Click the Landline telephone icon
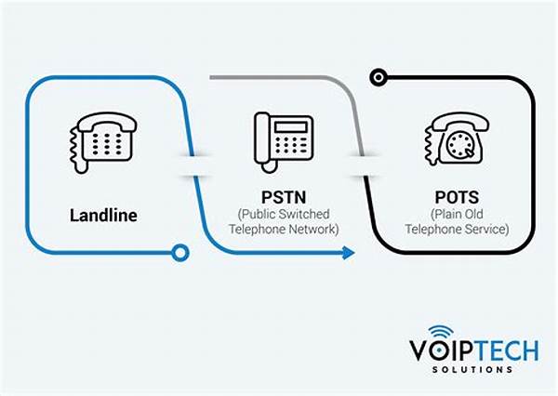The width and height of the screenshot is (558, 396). tap(103, 140)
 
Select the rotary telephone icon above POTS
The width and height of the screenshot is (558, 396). tap(454, 141)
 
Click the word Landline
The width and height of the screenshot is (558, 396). tap(103, 215)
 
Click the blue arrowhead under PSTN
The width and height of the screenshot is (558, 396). tap(348, 252)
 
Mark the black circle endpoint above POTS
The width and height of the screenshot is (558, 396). tap(378, 77)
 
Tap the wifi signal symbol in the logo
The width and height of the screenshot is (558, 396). tap(441, 334)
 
